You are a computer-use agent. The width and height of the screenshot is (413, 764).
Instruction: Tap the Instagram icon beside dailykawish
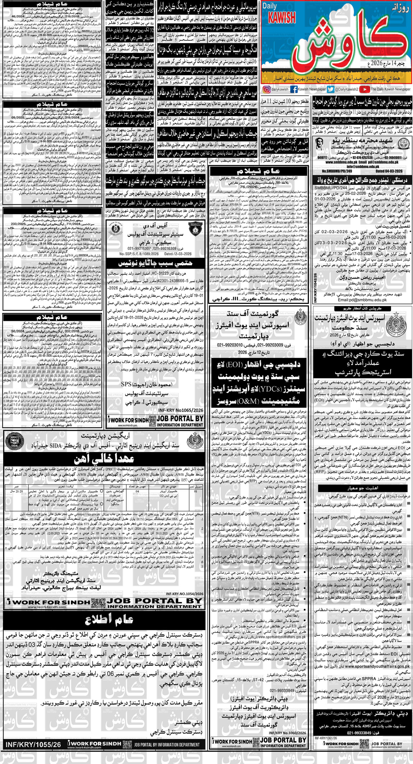[266, 90]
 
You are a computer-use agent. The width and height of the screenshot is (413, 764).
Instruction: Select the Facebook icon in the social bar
[294, 90]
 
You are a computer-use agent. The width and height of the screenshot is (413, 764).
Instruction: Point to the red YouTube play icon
[365, 90]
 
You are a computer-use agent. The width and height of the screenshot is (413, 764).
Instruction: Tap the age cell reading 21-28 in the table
[16, 491]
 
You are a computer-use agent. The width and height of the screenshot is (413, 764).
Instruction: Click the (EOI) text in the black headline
[236, 365]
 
